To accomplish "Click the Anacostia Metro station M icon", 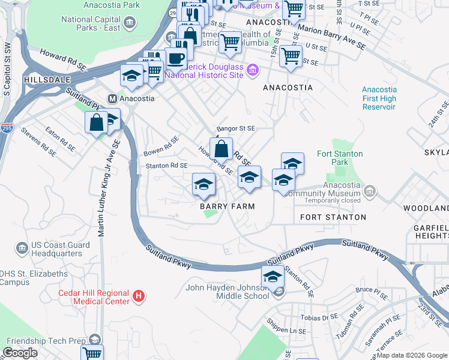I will point(112,98).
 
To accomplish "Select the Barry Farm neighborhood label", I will point(228,206).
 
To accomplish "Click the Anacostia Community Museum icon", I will point(370,192).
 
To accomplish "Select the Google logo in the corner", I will point(20,353).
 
